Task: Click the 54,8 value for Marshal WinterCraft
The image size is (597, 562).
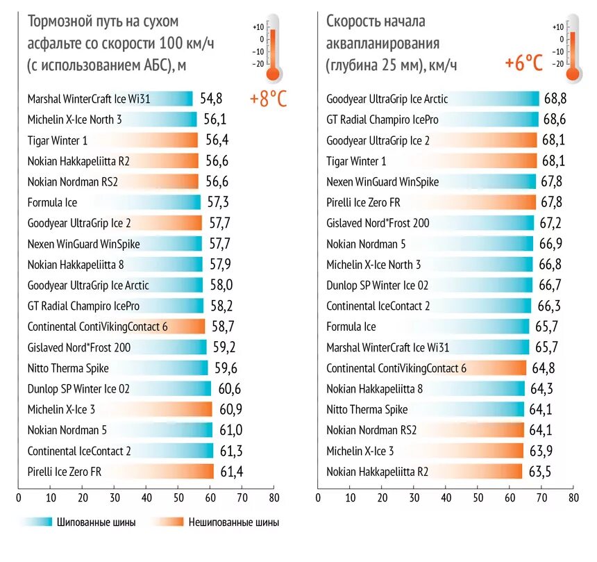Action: coord(211,98)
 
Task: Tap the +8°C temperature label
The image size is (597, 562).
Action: coord(268,99)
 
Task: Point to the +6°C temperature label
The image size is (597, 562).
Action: coord(524,63)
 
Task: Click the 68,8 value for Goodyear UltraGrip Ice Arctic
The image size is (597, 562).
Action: coord(555,98)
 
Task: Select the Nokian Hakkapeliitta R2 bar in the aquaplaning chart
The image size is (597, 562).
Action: coord(420,472)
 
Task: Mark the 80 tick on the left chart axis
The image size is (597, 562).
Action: coord(274,497)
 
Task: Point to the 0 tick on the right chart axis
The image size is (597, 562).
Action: coord(318,497)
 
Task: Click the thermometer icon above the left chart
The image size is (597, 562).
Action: coord(272,46)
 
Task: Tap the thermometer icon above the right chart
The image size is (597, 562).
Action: coord(572,46)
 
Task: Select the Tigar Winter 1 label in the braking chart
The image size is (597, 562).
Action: coord(58,140)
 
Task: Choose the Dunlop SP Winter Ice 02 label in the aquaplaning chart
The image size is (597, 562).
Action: coord(378,286)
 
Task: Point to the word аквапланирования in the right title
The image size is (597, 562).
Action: coord(383,44)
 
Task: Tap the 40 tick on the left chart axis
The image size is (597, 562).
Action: coord(146,497)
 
